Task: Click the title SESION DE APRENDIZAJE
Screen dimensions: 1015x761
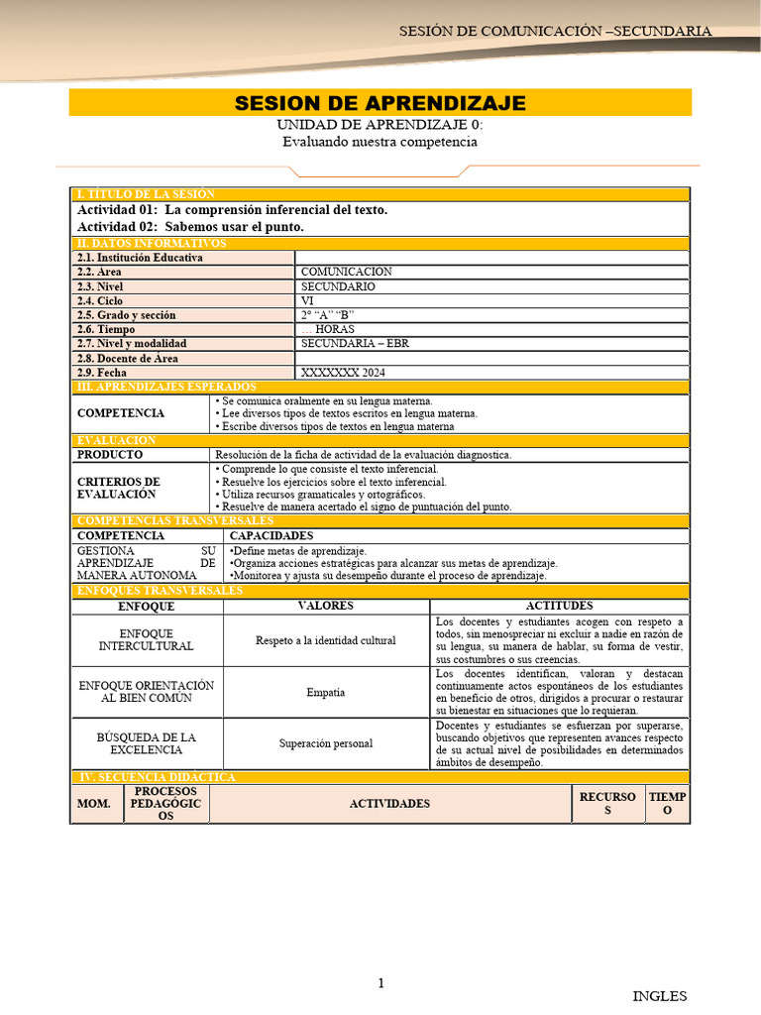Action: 380,104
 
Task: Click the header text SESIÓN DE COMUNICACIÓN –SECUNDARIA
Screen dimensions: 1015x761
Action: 555,31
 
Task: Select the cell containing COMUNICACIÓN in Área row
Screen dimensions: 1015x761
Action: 346,272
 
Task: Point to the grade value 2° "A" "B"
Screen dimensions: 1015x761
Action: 327,315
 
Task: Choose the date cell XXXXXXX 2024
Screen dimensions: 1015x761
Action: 343,373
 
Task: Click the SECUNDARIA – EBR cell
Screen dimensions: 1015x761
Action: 354,344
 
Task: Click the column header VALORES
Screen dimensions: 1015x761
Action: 326,606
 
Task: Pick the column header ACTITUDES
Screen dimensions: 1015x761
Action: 559,606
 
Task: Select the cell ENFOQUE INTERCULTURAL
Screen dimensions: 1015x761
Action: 146,639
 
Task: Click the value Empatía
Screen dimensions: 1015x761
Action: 326,693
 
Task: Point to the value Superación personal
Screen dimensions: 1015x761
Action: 326,744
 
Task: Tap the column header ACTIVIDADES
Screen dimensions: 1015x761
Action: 389,804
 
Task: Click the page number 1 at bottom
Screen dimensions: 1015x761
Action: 380,983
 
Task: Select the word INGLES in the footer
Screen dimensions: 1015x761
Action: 659,996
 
